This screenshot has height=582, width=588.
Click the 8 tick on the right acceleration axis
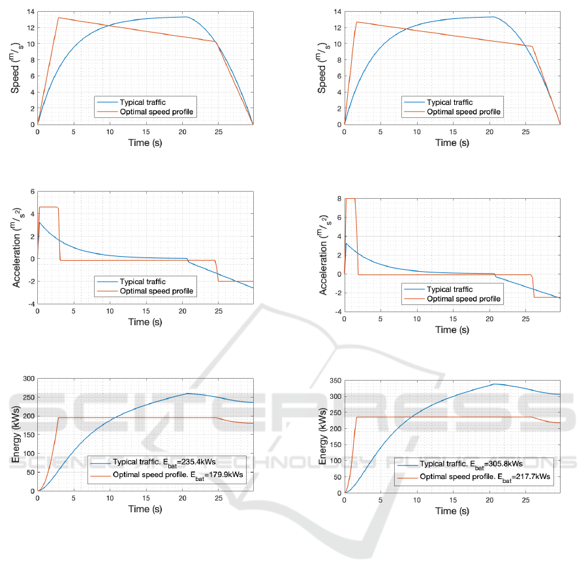[337, 198]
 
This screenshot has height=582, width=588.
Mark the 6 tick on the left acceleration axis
[30, 191]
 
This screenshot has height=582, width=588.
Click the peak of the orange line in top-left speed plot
[59, 18]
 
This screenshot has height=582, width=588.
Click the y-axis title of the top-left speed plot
[16, 68]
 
